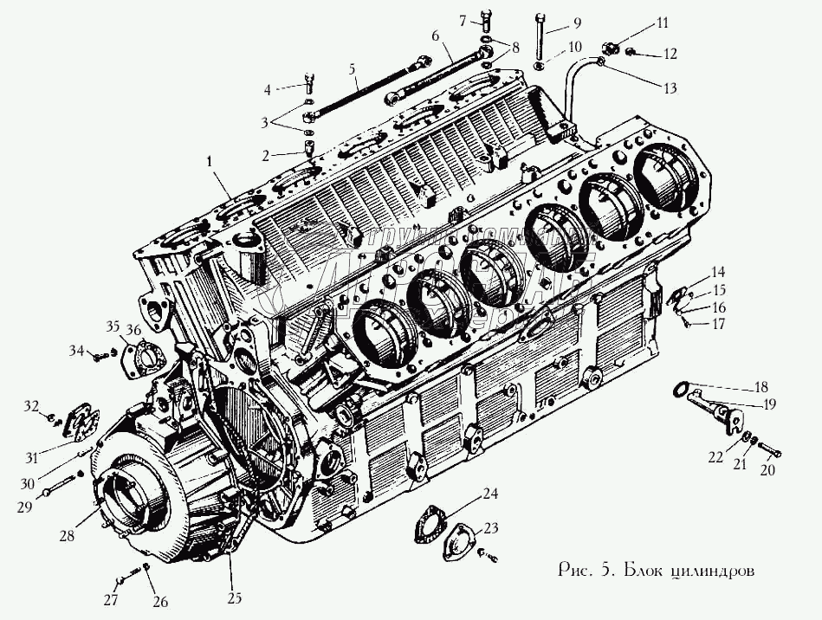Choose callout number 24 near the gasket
(x=490, y=494)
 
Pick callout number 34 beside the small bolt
(x=76, y=351)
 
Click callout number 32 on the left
(x=31, y=405)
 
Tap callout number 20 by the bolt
(x=767, y=471)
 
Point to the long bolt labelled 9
(x=540, y=37)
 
